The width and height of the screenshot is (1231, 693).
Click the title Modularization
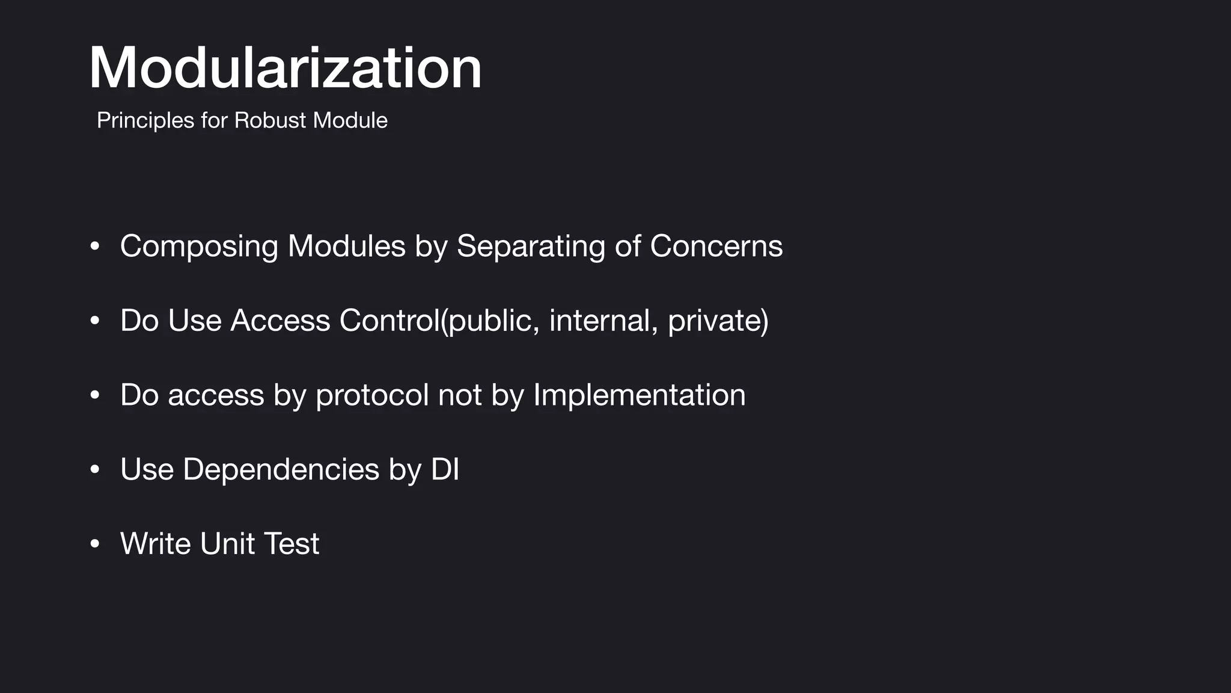click(x=286, y=68)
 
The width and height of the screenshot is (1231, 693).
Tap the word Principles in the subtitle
click(x=145, y=120)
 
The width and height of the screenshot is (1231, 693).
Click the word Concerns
click(x=716, y=246)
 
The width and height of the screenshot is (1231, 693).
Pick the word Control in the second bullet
click(x=389, y=320)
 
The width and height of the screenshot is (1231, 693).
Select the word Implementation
click(x=639, y=395)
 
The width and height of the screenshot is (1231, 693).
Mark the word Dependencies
click(x=281, y=469)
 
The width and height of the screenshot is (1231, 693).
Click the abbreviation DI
click(x=445, y=469)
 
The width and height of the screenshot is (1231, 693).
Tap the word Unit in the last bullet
click(x=227, y=544)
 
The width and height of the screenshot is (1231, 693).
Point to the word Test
click(x=292, y=544)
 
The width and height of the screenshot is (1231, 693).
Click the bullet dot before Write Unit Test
click(x=94, y=544)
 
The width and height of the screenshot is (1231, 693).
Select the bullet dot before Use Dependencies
click(x=94, y=469)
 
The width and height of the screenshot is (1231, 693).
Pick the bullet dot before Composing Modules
click(x=94, y=246)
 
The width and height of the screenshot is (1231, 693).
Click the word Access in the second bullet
click(x=280, y=320)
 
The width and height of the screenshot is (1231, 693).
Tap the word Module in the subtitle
click(x=350, y=120)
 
